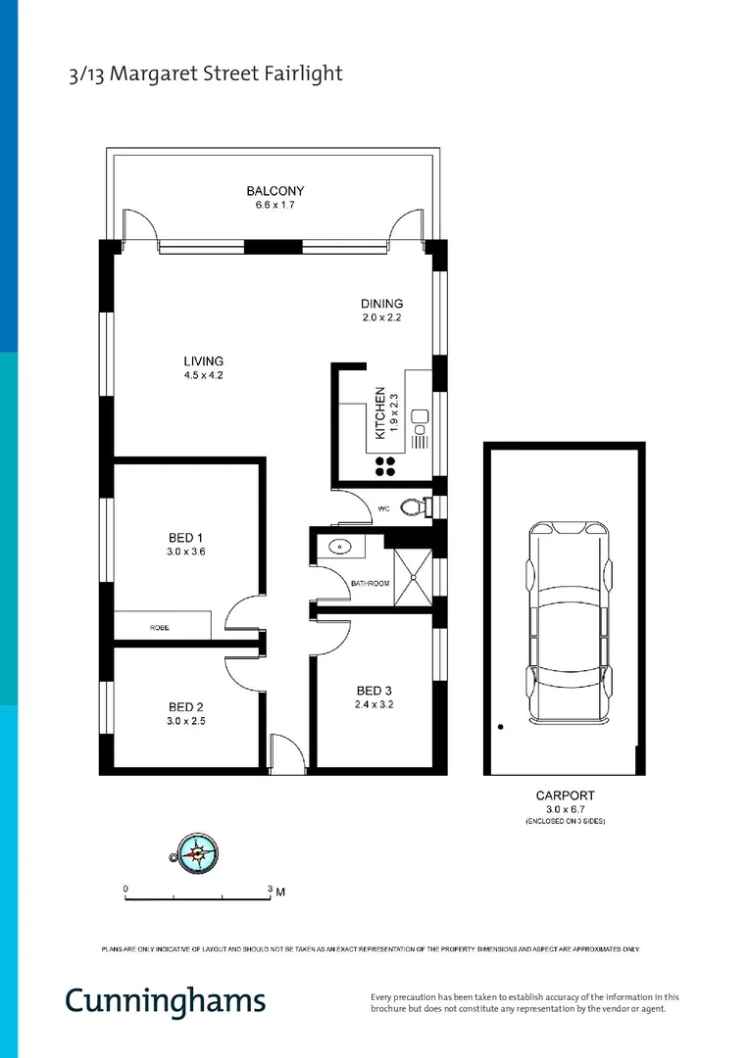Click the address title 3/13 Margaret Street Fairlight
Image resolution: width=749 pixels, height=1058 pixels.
pos(206,74)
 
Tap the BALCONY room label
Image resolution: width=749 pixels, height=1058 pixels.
pos(275,191)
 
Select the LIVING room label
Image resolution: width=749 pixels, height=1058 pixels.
pos(204,361)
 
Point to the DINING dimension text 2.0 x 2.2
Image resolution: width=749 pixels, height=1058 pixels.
pos(381,318)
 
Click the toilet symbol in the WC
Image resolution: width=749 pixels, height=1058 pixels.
pos(419,507)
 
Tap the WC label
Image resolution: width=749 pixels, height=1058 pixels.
pos(383,508)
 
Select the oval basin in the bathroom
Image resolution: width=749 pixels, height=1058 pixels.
pos(340,548)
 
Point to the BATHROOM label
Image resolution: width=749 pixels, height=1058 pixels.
pos(370,584)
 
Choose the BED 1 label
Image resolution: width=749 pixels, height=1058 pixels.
pos(185,538)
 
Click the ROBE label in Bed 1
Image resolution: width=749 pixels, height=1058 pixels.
pos(159,627)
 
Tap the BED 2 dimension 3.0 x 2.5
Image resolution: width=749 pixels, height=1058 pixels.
pos(185,721)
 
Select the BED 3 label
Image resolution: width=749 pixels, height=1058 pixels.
pos(373,690)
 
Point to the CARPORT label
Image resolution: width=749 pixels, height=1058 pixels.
pos(565,795)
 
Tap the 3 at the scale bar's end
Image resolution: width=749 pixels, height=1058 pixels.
pos(271,889)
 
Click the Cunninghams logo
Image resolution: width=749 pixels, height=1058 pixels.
pos(165,1000)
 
